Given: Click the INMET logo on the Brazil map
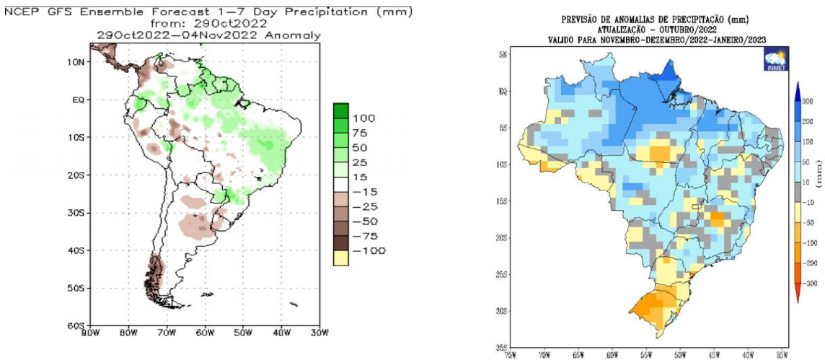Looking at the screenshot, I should (x=775, y=60).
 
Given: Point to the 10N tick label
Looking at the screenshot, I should (x=75, y=61).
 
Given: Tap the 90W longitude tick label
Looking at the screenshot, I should (x=90, y=333).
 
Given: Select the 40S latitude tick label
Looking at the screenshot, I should (x=75, y=250).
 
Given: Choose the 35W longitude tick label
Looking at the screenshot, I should (x=781, y=354).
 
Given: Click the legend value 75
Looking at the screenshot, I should (x=363, y=132).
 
